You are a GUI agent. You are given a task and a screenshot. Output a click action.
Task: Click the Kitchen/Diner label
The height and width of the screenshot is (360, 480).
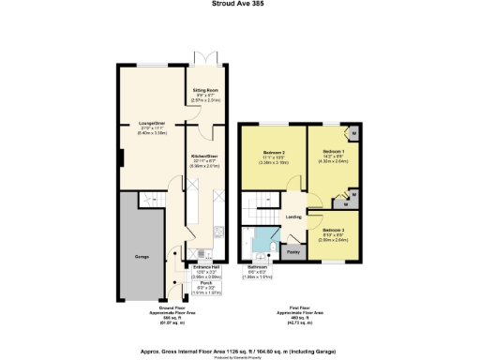[204, 156]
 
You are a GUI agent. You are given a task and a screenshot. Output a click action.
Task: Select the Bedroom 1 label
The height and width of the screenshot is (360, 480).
[335, 151]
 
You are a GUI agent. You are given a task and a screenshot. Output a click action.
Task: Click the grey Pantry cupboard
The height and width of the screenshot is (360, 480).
[292, 253]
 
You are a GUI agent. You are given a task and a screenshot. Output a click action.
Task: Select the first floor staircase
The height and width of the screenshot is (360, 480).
[255, 209]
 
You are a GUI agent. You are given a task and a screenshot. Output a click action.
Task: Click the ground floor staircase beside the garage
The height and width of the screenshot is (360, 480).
[176, 225]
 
